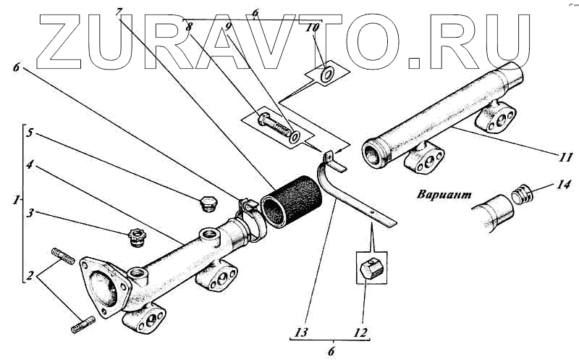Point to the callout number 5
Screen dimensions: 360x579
(x=29, y=133)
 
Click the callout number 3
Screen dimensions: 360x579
(x=29, y=214)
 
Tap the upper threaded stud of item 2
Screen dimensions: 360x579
(x=64, y=256)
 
